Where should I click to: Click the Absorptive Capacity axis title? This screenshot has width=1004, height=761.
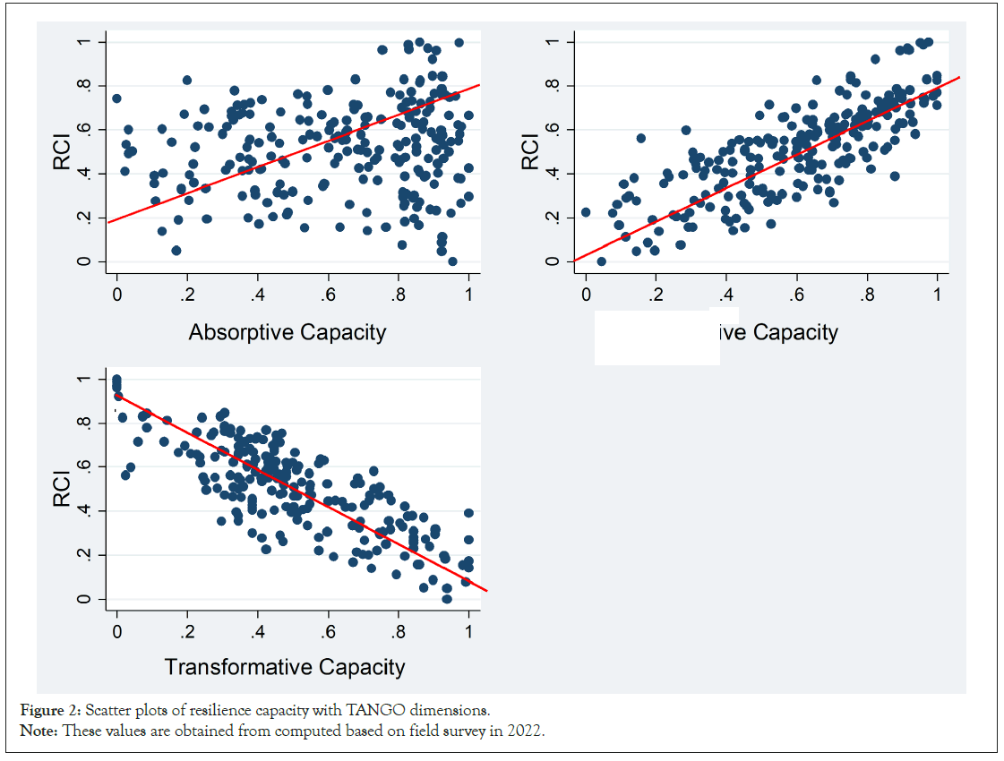[287, 333]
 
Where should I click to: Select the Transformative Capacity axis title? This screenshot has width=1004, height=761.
[284, 667]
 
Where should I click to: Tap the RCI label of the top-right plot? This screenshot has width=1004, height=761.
[531, 152]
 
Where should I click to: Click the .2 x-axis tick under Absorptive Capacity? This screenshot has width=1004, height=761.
[187, 295]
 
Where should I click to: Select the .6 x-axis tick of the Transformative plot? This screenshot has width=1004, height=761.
[328, 632]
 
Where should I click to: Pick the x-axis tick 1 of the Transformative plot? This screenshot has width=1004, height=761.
[468, 632]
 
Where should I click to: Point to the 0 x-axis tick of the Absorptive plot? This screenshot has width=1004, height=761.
[116, 295]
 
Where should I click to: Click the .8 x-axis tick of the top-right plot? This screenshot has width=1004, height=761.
[866, 295]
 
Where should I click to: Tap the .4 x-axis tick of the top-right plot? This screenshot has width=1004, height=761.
[725, 295]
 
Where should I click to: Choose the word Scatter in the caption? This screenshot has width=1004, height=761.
[110, 711]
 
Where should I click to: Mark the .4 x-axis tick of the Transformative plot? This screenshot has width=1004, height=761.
[258, 632]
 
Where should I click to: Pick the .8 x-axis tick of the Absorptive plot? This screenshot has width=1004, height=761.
[398, 295]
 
